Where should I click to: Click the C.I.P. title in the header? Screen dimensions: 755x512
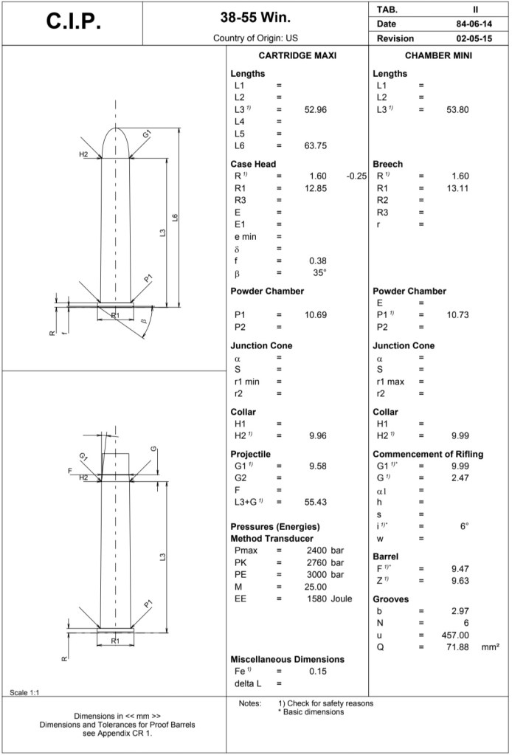tap(73, 22)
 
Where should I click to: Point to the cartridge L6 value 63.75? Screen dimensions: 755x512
tap(315, 145)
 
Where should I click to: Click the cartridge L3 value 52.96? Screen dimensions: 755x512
tap(315, 110)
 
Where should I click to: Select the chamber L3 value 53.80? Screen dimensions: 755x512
tap(457, 110)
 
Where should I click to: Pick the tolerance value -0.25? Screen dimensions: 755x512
tap(356, 176)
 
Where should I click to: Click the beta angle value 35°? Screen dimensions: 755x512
tap(319, 272)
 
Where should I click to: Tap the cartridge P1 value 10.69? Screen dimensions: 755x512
tap(315, 315)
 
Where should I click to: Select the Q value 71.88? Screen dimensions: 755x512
tap(457, 647)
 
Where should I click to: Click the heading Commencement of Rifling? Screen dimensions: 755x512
tap(428, 454)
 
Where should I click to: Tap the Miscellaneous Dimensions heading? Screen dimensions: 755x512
tap(287, 659)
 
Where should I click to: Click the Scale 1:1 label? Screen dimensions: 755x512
tap(25, 692)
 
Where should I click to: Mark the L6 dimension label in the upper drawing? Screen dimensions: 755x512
tap(175, 218)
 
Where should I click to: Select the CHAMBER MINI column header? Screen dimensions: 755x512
tap(439, 56)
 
